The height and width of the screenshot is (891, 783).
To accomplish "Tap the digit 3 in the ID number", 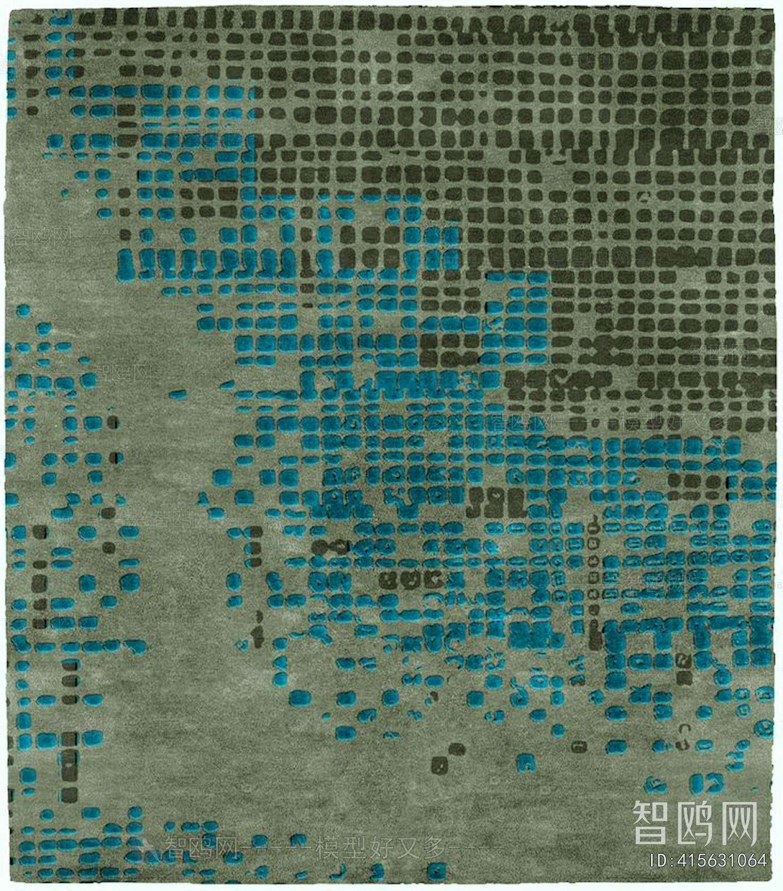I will click(716, 860).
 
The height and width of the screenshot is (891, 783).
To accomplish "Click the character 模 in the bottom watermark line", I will click(328, 848).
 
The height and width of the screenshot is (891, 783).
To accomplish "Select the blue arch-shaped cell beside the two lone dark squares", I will click(525, 762).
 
